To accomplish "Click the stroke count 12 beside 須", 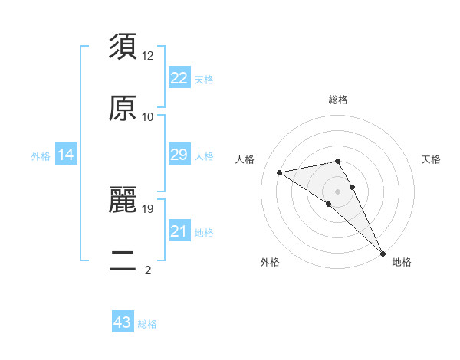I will point(148,56).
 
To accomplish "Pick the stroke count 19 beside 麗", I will point(148,208).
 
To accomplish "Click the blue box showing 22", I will point(179,78).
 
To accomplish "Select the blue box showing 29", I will point(179,155).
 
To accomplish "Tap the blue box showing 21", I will point(179,231).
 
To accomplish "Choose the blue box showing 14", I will point(66,155).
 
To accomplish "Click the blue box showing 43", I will point(123,322).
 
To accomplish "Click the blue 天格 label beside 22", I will point(204,80).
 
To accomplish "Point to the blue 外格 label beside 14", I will point(41,156).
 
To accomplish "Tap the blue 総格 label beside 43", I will point(147,324).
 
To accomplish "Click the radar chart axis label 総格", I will point(338,100).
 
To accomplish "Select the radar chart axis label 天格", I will point(432,159).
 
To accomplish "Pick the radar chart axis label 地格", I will point(402,262).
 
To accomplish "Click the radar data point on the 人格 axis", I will point(280,172).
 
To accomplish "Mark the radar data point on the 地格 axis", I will point(383,253).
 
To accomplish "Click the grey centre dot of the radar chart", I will point(338,191).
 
